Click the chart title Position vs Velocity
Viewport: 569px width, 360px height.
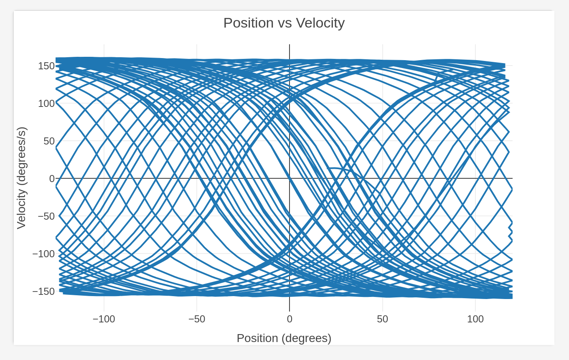coord(284,23)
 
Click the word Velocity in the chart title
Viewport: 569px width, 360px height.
coord(320,23)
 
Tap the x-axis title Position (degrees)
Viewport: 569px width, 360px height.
coord(284,338)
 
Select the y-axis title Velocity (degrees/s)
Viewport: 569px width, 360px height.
coord(21,178)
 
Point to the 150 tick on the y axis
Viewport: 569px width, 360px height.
coord(46,66)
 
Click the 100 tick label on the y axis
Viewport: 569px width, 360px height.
coord(46,104)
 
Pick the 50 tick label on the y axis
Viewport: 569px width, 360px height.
coord(49,141)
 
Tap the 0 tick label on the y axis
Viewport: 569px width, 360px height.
coord(52,179)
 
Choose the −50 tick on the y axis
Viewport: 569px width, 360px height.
coord(46,216)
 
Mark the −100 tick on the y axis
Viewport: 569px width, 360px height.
coord(43,254)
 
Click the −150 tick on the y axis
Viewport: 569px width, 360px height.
coord(43,292)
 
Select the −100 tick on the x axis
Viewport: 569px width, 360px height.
coord(104,319)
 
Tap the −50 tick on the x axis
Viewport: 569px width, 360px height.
coord(197,319)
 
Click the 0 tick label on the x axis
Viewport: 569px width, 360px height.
coord(290,319)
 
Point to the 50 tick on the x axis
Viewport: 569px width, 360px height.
coord(382,319)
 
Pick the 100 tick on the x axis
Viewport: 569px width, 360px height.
coord(475,319)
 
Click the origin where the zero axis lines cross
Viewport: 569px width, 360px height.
coord(290,178)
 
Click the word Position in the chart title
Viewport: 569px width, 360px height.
coord(249,23)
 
